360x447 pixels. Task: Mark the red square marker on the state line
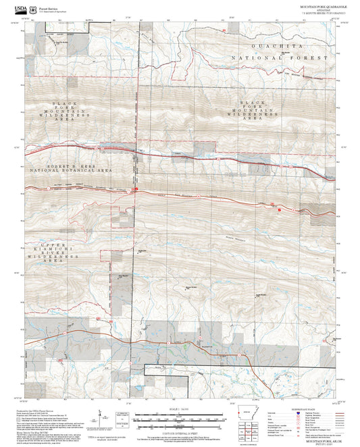pos(136,190)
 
